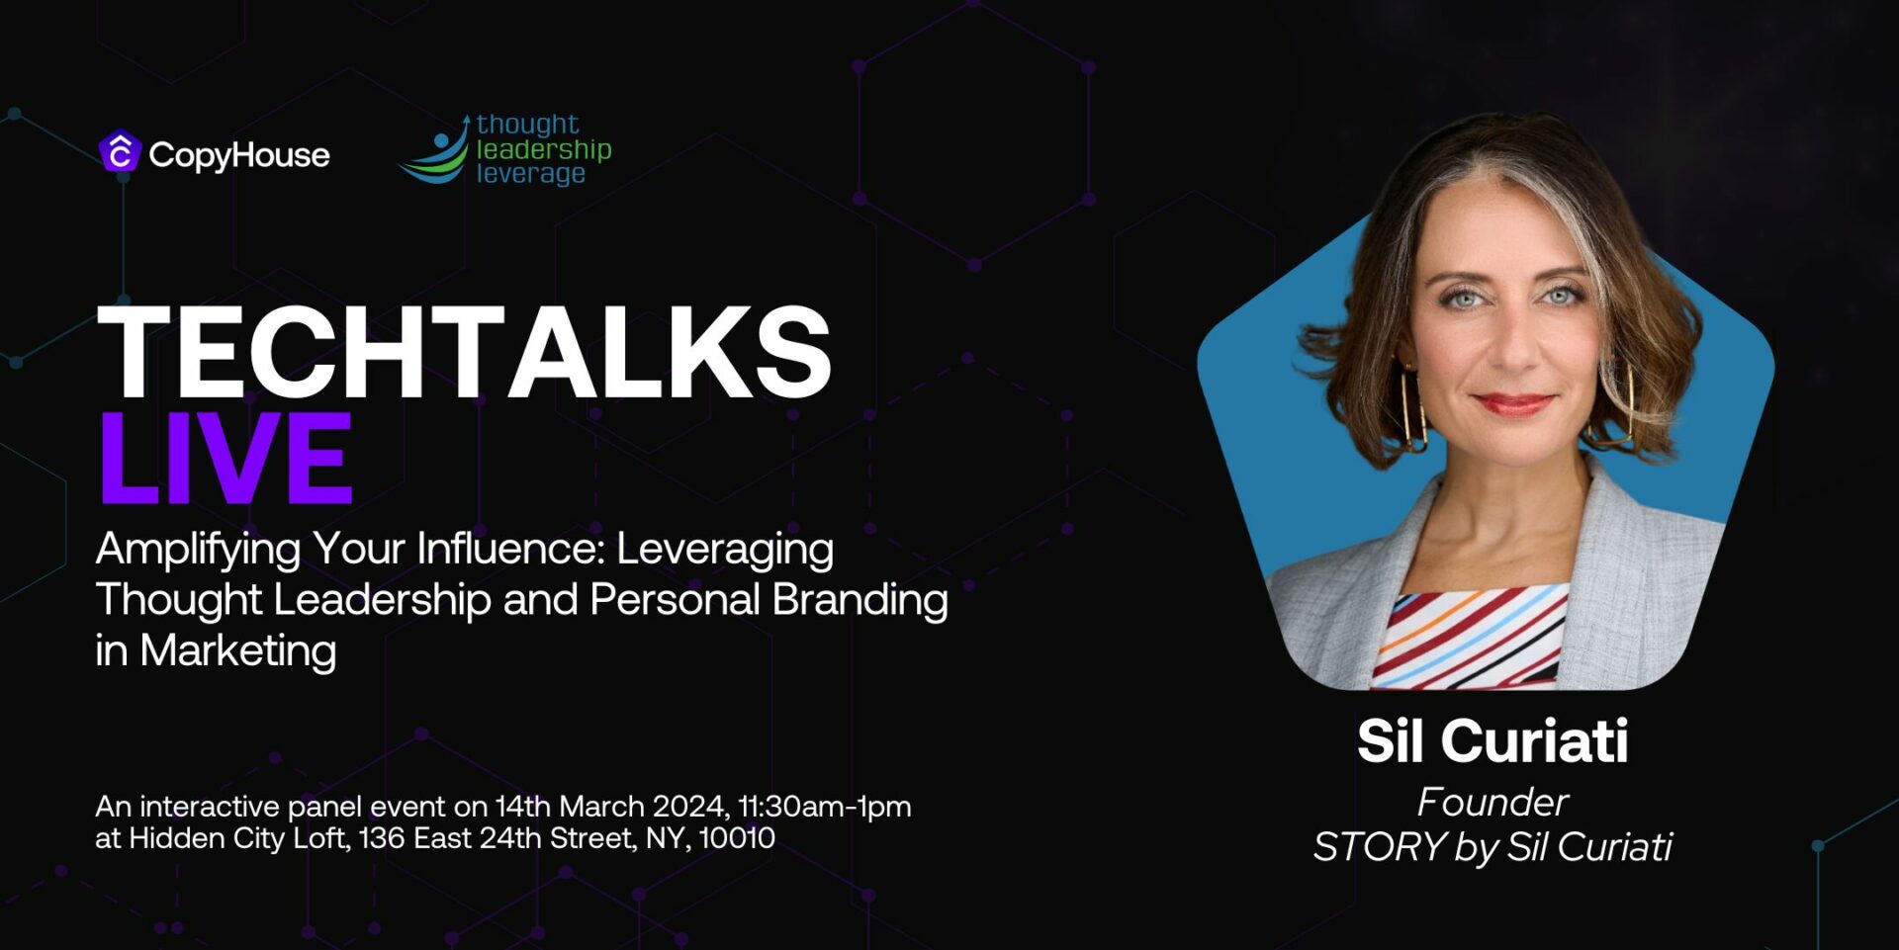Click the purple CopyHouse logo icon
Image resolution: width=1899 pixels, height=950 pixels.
120,152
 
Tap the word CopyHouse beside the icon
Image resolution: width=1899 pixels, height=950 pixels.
239,155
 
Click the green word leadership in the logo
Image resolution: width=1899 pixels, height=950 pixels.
544,149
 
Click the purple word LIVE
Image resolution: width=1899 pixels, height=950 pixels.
226,458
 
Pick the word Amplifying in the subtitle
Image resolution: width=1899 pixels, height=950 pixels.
198,550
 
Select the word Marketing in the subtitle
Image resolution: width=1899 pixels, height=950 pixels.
238,652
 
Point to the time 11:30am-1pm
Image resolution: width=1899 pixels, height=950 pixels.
825,807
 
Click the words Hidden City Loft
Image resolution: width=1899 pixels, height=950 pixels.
237,839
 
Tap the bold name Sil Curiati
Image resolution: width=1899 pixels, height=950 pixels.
1492,740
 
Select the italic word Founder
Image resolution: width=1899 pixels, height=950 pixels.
1492,802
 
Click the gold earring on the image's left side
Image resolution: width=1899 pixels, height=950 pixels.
1412,408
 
